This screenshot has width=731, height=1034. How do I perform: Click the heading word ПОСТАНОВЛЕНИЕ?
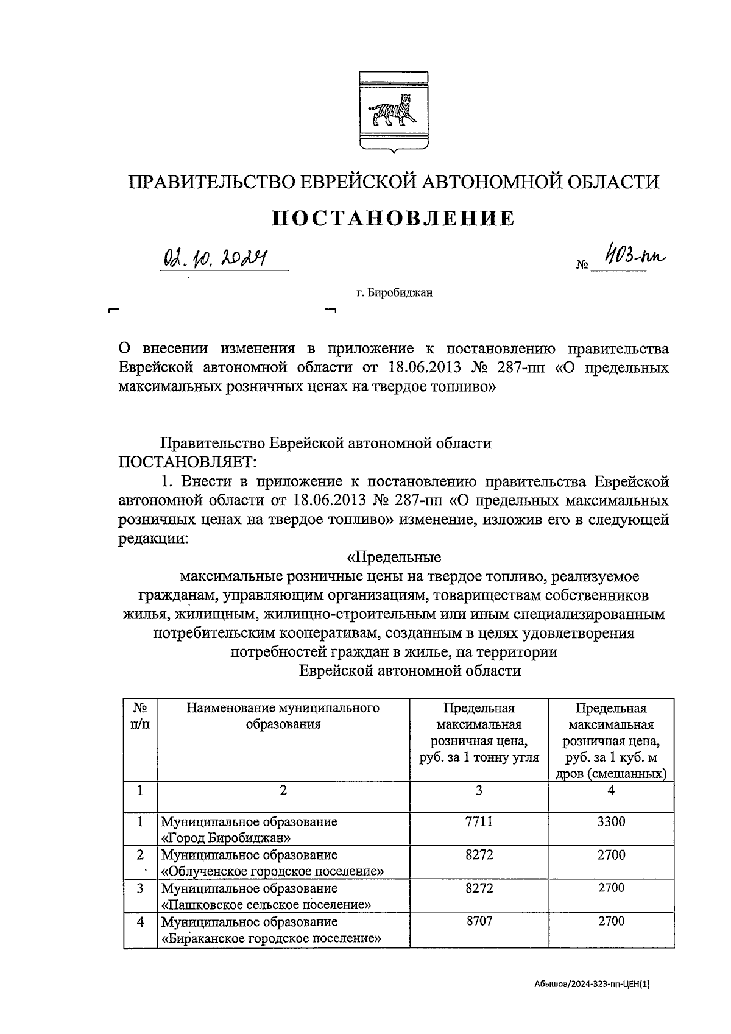(x=392, y=218)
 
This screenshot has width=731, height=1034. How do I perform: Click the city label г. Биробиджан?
(x=394, y=293)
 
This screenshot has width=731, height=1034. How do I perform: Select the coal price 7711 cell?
(x=478, y=821)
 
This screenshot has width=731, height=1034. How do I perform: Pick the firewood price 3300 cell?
(x=610, y=821)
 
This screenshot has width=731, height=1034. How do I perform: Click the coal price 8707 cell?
(x=478, y=921)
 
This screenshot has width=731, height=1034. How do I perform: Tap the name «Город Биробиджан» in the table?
(x=222, y=837)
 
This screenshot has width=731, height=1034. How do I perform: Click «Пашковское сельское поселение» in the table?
(x=266, y=904)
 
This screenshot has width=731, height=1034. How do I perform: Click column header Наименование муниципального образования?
(x=283, y=716)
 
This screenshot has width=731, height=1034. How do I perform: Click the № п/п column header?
(x=140, y=716)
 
